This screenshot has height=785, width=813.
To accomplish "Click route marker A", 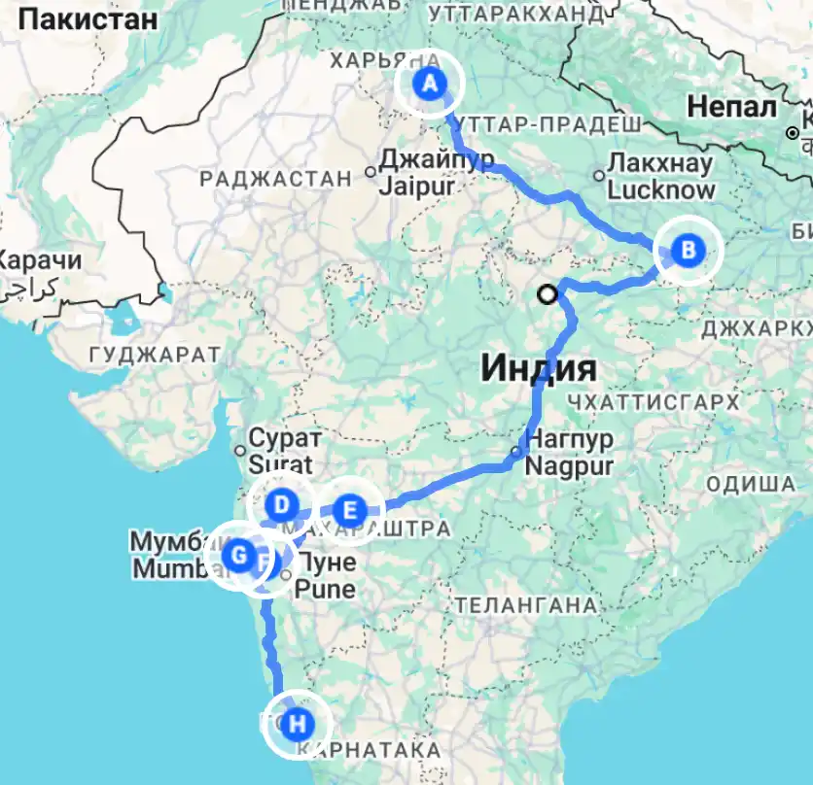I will (x=429, y=85).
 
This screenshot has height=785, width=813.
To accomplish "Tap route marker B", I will (x=688, y=251).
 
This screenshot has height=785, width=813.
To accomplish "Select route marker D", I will (x=281, y=505).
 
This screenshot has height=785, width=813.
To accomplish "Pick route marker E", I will (x=349, y=510).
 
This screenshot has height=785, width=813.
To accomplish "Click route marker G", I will (x=237, y=557).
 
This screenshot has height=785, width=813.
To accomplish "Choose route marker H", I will (x=298, y=724).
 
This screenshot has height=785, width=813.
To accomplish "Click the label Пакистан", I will (x=87, y=17).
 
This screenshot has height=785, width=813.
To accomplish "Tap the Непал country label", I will (x=730, y=106).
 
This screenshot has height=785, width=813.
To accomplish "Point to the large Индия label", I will (x=538, y=369).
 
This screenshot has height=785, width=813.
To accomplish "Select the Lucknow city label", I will (x=661, y=189).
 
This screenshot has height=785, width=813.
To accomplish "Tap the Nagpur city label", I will (x=569, y=465).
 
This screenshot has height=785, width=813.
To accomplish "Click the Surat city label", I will (x=281, y=463).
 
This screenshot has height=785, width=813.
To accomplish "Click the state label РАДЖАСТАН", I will (x=275, y=179).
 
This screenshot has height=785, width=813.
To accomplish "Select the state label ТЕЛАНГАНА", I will (x=524, y=605).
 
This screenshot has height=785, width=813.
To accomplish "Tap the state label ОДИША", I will (x=751, y=484).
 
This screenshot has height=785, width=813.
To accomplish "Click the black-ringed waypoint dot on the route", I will (x=549, y=292).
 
